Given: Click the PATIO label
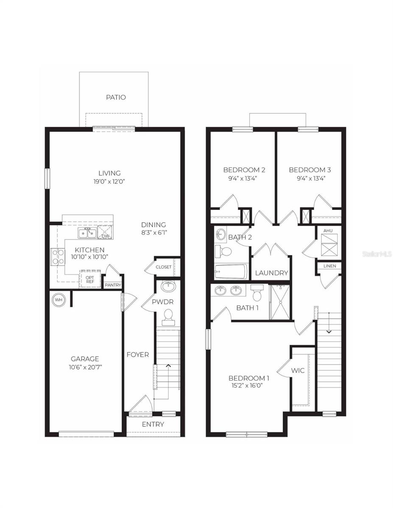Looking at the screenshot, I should point(116,97).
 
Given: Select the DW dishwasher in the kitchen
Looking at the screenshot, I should point(105,232).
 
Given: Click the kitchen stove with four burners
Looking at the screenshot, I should point(58,257).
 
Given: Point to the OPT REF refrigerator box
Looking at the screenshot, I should point(90,279).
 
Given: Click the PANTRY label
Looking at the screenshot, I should point(113,285).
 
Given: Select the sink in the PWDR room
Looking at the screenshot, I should point(168,286).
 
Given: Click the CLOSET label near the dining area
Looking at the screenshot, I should point(164,267).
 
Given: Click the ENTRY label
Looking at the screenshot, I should point(153,424).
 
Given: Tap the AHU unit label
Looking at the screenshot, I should point(329,231).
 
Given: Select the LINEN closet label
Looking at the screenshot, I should point(329,266).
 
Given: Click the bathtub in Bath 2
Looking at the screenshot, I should point(231,271).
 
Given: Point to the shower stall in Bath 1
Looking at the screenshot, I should point(280,301).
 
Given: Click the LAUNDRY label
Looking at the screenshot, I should point(271,273).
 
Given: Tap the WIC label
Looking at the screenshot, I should point(298,370).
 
